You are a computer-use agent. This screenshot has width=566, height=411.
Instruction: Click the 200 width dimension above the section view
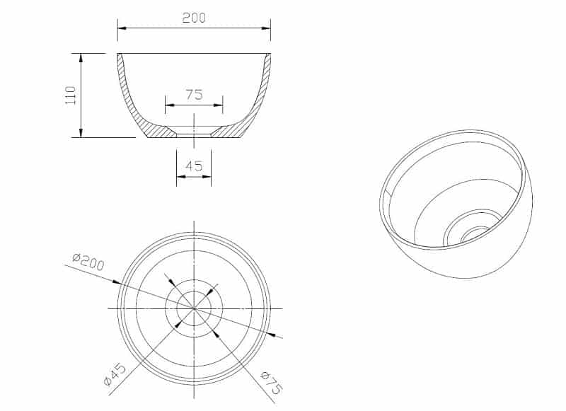(194, 18)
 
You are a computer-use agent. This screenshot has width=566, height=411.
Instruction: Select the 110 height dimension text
(70, 95)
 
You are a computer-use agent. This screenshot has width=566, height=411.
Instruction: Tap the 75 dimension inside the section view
(194, 95)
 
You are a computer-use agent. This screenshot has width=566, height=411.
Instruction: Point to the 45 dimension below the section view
(194, 166)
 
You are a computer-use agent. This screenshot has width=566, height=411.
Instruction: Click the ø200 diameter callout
(88, 262)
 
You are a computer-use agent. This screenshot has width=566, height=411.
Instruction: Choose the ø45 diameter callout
(115, 375)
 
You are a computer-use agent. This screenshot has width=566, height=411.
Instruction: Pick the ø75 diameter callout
(272, 383)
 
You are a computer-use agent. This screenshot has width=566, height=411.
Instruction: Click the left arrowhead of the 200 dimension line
(122, 28)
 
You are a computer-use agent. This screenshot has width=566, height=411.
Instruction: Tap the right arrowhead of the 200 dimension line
(267, 28)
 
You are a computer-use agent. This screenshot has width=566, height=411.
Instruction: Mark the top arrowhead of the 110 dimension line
(81, 58)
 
